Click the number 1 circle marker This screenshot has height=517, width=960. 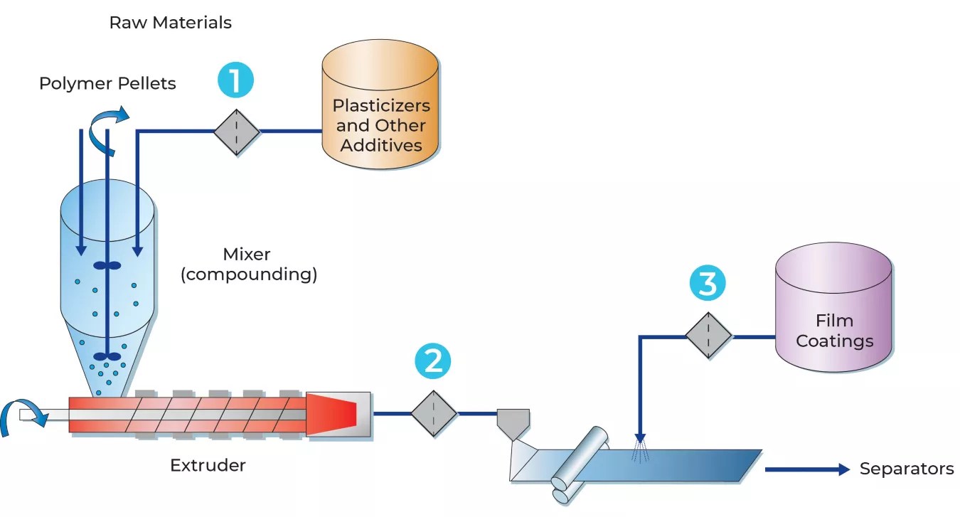pyautogui.click(x=235, y=80)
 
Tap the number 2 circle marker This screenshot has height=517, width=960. pyautogui.click(x=433, y=361)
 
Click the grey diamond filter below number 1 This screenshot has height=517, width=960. pyautogui.click(x=236, y=132)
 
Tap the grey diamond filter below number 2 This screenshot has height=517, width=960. pyautogui.click(x=434, y=412)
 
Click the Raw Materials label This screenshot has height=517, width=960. pyautogui.click(x=170, y=23)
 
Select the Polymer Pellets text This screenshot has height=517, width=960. pyautogui.click(x=107, y=83)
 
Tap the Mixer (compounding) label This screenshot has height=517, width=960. pyautogui.click(x=248, y=264)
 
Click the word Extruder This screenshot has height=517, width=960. pyautogui.click(x=208, y=466)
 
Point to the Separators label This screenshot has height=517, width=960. pyautogui.click(x=906, y=469)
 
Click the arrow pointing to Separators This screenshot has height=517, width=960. pyautogui.click(x=807, y=469)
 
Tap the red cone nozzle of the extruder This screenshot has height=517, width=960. pyautogui.click(x=332, y=413)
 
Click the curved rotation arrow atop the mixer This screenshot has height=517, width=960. pyautogui.click(x=107, y=128)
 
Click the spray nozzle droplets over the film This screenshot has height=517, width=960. pyautogui.click(x=640, y=450)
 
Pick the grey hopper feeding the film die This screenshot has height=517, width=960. pyautogui.click(x=513, y=423)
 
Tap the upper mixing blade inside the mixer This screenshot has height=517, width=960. pyautogui.click(x=107, y=266)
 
